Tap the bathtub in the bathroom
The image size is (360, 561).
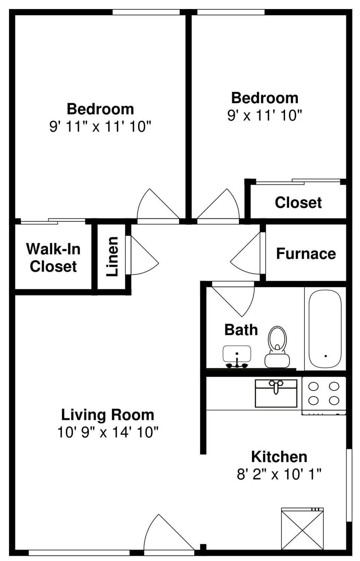point(325,329)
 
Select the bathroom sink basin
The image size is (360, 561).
point(237,354)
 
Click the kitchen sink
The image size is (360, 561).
point(276,393)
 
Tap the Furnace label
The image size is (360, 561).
point(306,254)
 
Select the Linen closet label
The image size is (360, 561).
point(112,256)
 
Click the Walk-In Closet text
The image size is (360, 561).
point(53,257)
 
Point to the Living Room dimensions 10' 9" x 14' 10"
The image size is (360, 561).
point(108,432)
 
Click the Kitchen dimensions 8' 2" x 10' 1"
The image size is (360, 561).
point(279,474)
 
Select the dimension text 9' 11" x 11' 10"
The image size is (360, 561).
point(100,126)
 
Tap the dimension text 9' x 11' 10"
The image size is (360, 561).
point(265,115)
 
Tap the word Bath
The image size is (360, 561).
point(241,330)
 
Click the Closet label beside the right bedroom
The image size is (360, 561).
point(298,202)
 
